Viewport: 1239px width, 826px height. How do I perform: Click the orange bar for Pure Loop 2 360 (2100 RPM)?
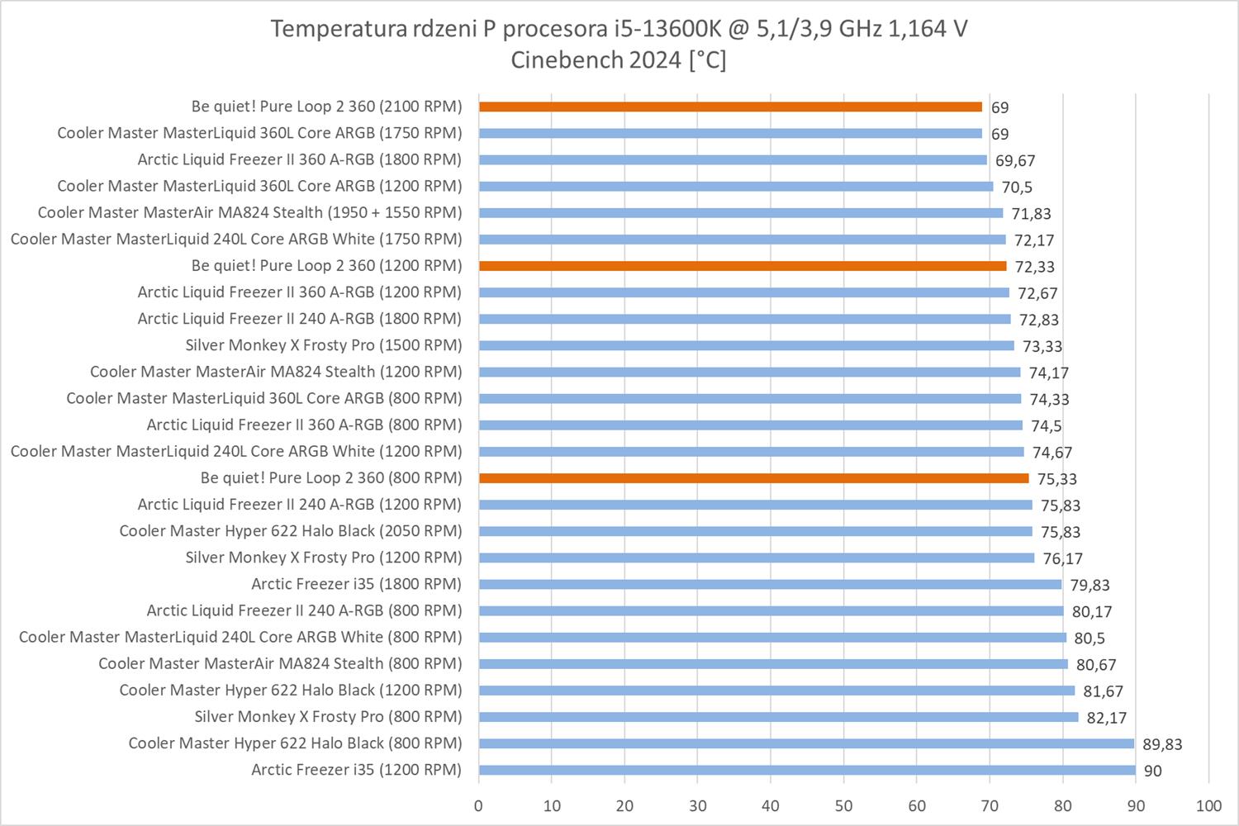pyautogui.click(x=730, y=107)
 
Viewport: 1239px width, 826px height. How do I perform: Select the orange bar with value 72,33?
pyautogui.click(x=743, y=266)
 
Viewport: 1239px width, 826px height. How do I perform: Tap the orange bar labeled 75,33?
pyautogui.click(x=753, y=478)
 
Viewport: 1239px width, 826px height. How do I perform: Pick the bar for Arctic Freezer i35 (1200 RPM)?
pyautogui.click(x=807, y=770)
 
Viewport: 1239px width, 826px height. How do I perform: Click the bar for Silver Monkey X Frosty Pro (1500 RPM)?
pyautogui.click(x=746, y=345)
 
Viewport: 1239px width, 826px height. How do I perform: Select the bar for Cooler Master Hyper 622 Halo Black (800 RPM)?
pyautogui.click(x=806, y=743)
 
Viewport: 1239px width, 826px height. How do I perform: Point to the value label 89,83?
pyautogui.click(x=1162, y=744)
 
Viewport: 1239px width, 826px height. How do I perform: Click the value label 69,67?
pyautogui.click(x=1015, y=161)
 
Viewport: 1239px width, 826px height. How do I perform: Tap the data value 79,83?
pyautogui.click(x=1090, y=585)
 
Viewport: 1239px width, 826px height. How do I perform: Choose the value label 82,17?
pyautogui.click(x=1107, y=718)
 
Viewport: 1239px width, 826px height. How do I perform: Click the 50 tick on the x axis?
pyautogui.click(x=843, y=805)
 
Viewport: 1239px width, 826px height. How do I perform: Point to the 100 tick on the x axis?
pyautogui.click(x=1208, y=805)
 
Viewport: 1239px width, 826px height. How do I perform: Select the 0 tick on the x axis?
pyautogui.click(x=478, y=805)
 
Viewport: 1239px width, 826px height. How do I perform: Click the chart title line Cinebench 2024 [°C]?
pyautogui.click(x=619, y=60)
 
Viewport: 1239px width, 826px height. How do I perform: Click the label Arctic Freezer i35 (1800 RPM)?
pyautogui.click(x=356, y=584)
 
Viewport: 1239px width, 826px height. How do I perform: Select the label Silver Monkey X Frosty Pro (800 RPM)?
pyautogui.click(x=328, y=716)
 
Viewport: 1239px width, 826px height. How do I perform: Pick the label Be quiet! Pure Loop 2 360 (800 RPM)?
pyautogui.click(x=331, y=477)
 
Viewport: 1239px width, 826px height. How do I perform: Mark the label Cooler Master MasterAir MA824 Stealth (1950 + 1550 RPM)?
pyautogui.click(x=249, y=212)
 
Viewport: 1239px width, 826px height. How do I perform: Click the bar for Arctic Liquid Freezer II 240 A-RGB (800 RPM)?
pyautogui.click(x=771, y=611)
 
